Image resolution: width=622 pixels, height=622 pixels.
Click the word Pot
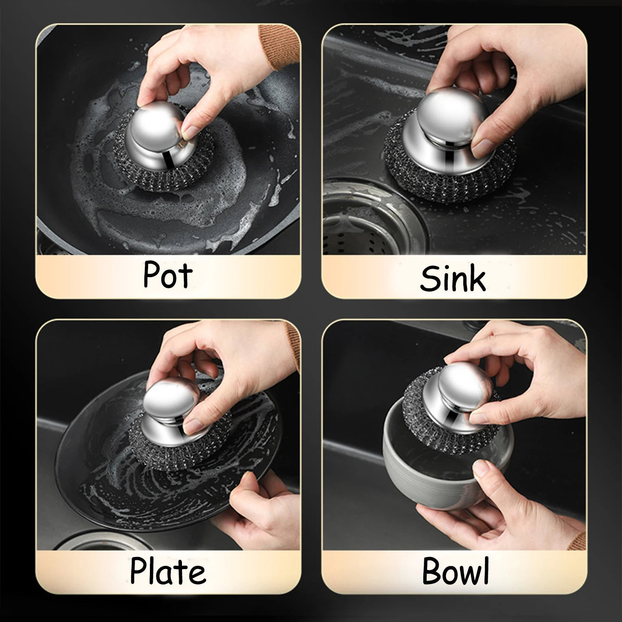click(168, 275)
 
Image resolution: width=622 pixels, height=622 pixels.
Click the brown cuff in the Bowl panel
click(578, 541)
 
